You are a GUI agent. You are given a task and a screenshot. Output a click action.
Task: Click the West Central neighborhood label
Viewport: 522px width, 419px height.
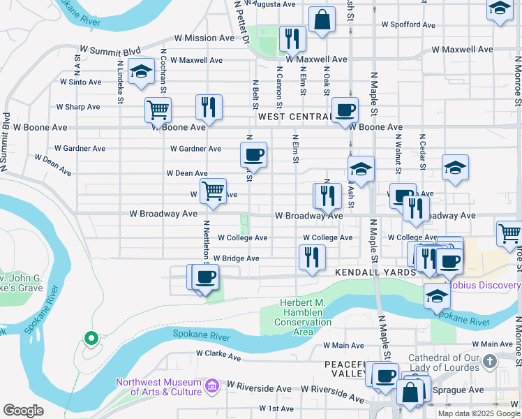click(294, 117)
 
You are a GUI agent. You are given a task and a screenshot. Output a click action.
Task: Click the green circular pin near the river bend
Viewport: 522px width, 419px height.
click(90, 339)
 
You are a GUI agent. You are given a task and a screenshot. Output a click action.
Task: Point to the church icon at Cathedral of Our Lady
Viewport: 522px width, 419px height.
click(490, 361)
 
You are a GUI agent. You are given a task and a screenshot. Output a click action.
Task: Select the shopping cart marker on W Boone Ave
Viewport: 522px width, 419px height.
click(158, 110)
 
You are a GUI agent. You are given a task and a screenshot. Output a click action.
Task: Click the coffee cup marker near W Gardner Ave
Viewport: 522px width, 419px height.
click(253, 154)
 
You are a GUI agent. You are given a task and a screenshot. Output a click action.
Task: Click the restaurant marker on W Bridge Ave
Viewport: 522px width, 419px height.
click(312, 256)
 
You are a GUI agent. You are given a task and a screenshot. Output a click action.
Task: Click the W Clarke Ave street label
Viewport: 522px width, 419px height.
click(218, 356)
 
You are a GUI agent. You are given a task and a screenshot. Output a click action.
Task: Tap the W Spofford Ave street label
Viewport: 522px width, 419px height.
click(408, 24)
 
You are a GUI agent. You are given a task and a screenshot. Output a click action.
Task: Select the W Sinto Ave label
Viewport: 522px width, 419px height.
click(81, 82)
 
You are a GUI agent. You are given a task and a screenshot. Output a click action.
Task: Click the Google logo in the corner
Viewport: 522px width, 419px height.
click(23, 411)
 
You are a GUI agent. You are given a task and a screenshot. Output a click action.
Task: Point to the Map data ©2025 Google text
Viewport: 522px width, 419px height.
click(478, 413)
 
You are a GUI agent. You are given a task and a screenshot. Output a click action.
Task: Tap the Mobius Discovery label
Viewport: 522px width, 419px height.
click(483, 285)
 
